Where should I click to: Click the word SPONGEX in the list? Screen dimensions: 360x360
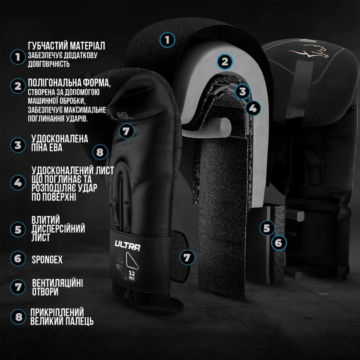(47, 259)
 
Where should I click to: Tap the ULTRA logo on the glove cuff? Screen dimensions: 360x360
(127, 246)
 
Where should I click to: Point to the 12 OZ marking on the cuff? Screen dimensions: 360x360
(132, 275)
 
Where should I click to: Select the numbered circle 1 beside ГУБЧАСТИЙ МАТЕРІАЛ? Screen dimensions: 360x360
(18, 57)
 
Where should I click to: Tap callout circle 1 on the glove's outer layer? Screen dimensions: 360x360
(167, 40)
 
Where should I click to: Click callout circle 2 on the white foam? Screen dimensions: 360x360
(225, 62)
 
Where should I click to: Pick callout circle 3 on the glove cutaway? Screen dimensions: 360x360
(242, 91)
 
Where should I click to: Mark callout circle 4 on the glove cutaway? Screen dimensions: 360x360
(253, 108)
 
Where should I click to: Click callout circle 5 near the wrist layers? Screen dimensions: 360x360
(267, 228)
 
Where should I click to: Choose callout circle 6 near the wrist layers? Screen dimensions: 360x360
(279, 243)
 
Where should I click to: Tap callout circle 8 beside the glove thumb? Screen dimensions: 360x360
(100, 152)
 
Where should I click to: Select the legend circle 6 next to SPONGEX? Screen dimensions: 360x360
(18, 259)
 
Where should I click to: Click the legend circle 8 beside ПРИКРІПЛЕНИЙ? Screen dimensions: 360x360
(18, 317)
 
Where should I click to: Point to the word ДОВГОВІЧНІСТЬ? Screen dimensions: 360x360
(49, 64)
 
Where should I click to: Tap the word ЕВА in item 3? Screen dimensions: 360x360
(55, 147)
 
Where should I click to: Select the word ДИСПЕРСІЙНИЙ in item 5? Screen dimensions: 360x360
(58, 229)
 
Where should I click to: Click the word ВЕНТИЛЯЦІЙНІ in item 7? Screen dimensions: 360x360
(57, 283)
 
